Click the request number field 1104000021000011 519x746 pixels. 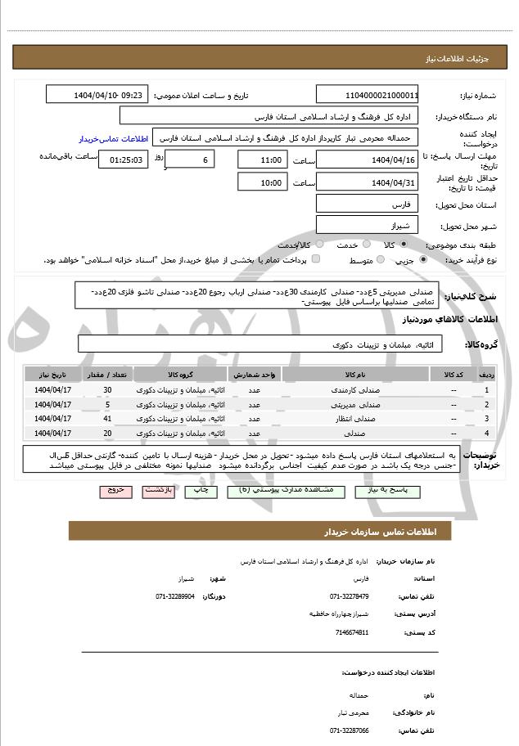(368, 95)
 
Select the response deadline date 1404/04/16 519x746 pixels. (368, 160)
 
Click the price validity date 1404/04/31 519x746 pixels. (368, 182)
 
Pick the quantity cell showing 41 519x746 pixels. (107, 418)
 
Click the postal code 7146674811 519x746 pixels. (352, 632)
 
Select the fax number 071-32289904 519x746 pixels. (175, 596)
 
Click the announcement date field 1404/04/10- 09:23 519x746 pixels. (97, 95)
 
